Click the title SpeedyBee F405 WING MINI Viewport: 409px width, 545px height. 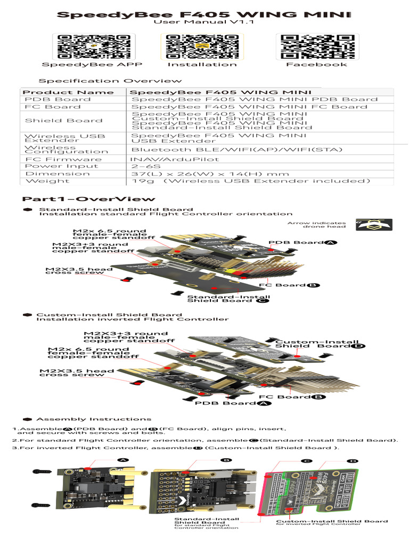(204, 14)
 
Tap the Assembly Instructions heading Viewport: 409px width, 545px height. (93, 419)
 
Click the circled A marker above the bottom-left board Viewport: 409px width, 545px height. (123, 459)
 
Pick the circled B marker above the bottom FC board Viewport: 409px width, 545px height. (226, 459)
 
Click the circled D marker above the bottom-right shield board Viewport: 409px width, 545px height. (353, 461)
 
